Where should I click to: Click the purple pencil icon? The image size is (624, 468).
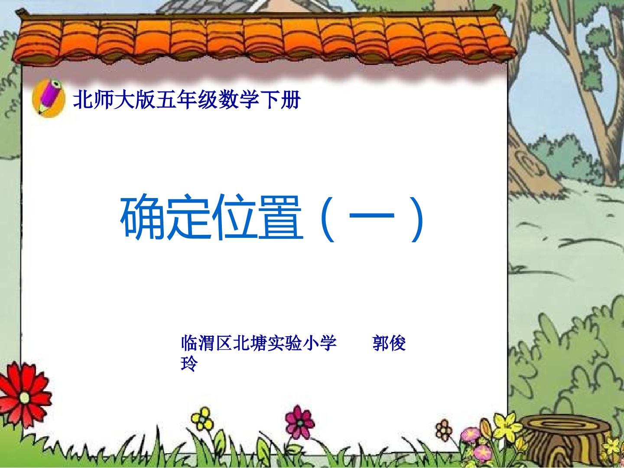pyautogui.click(x=49, y=97)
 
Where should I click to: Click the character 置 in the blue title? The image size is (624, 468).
pyautogui.click(x=280, y=217)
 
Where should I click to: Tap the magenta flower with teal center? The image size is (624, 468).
pyautogui.click(x=299, y=422)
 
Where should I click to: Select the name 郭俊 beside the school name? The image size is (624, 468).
pyautogui.click(x=389, y=343)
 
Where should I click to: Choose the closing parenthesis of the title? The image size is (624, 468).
pyautogui.click(x=418, y=218)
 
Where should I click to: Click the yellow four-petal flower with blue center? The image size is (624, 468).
pyautogui.click(x=202, y=419)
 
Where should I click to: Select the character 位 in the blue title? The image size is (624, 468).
pyautogui.click(x=234, y=217)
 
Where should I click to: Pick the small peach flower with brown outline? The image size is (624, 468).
pyautogui.click(x=444, y=430)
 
